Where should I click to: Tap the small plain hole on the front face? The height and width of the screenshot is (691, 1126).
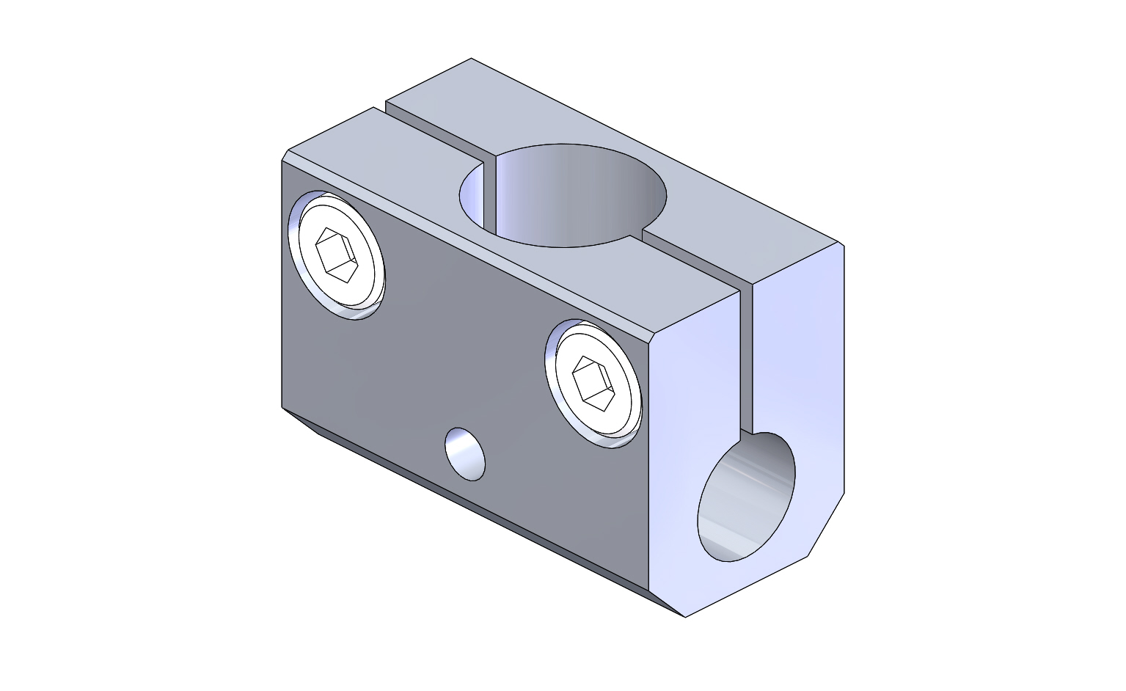click(465, 454)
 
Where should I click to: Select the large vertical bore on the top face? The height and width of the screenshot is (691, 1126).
click(563, 195)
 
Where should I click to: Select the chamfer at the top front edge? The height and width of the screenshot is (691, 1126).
click(469, 242)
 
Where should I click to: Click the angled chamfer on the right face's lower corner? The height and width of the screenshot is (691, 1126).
click(826, 524)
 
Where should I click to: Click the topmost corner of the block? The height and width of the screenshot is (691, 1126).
click(471, 59)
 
